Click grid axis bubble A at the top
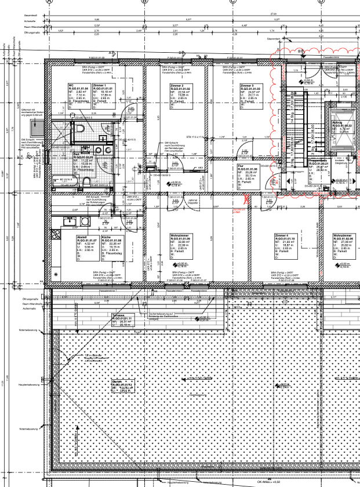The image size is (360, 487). [x=50, y=2]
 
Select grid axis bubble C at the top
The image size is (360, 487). [x=233, y=2]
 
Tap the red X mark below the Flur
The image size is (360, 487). [x=246, y=199]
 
